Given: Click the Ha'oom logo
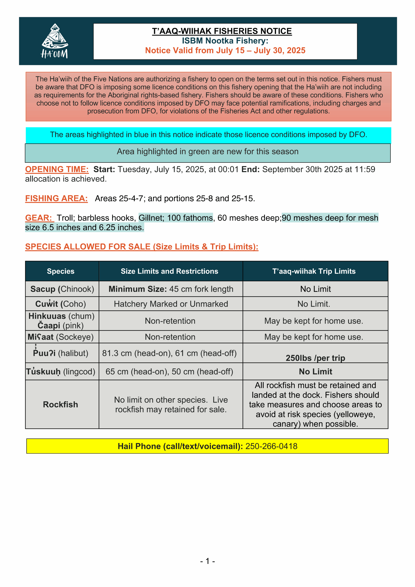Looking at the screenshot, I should point(55,41).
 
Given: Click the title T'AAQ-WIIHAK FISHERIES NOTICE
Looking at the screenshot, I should point(222,31).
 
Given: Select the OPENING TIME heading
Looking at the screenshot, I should point(57,169).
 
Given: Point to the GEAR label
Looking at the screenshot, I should point(39,218).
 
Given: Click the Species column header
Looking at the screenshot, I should point(61,271).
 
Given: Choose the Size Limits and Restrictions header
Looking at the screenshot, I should point(169,271).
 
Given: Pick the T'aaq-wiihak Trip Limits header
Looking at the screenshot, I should point(314,271).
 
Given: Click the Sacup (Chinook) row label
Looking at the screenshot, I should point(62,289).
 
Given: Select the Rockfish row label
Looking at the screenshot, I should point(61,405).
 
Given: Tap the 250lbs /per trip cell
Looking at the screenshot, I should point(315,358).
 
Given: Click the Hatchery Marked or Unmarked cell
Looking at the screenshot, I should point(171,304).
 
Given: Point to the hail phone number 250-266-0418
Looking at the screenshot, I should point(271,446).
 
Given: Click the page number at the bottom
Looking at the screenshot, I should point(207,561).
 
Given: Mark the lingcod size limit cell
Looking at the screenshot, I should point(169,371).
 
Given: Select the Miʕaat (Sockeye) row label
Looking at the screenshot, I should point(61,337).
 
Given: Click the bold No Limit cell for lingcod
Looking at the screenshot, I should point(315,371).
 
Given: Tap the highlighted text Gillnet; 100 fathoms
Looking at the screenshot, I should point(176,218).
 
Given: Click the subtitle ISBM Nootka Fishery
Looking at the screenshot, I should point(225,41).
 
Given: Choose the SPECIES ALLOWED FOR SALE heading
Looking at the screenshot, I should point(142,247).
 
